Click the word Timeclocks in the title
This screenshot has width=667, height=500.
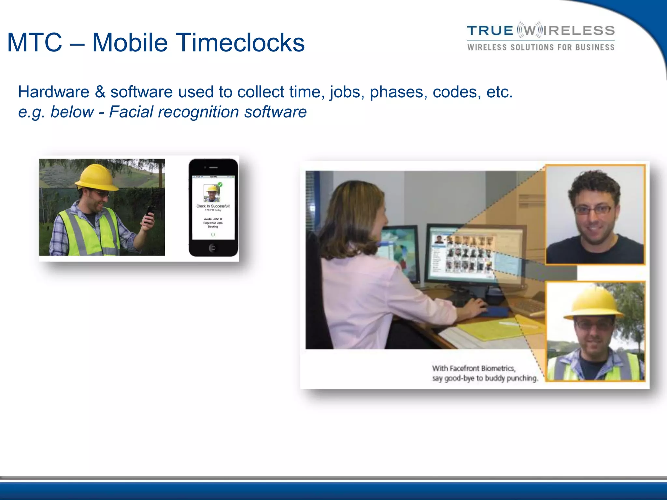click(240, 43)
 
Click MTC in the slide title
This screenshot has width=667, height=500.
click(35, 43)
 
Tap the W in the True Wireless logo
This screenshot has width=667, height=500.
click(530, 31)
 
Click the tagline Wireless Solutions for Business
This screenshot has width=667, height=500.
click(541, 48)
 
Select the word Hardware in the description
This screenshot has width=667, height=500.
click(53, 92)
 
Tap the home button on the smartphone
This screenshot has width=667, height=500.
click(213, 248)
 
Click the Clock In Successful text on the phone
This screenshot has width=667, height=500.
click(213, 206)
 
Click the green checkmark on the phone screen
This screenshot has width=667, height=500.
click(220, 185)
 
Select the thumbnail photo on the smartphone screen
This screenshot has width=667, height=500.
click(212, 193)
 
